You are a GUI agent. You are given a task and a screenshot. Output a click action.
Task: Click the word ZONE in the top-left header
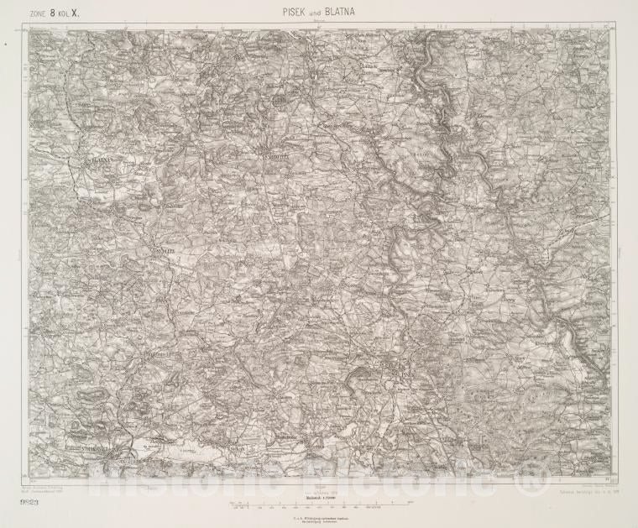(x=40, y=14)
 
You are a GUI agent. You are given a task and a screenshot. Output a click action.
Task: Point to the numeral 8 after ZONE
(x=55, y=13)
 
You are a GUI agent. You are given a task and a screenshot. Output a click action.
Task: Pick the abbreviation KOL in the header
(x=67, y=14)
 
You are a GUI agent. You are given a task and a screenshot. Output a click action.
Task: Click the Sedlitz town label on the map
(x=161, y=249)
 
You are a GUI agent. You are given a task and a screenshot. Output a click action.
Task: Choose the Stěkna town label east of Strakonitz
(x=237, y=449)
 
